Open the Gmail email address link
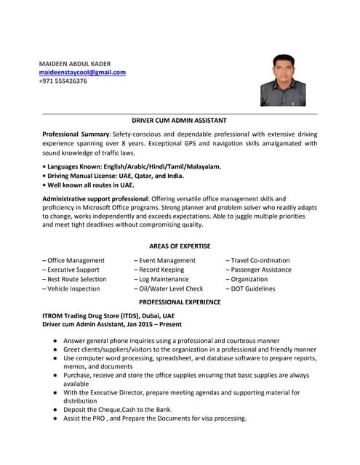pyautogui.click(x=82, y=73)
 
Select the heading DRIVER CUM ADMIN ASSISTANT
pyautogui.click(x=179, y=120)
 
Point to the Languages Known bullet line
pyautogui.click(x=131, y=166)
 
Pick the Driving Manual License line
pyautogui.click(x=113, y=176)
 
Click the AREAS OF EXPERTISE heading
pyautogui.click(x=180, y=246)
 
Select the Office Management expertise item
pyautogui.click(x=73, y=260)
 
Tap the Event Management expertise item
pyautogui.click(x=165, y=260)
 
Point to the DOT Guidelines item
pyautogui.click(x=251, y=288)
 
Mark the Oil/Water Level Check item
pyautogui.click(x=169, y=288)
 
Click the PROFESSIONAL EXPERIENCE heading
pyautogui.click(x=180, y=302)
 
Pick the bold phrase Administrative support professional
pyautogui.click(x=95, y=198)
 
